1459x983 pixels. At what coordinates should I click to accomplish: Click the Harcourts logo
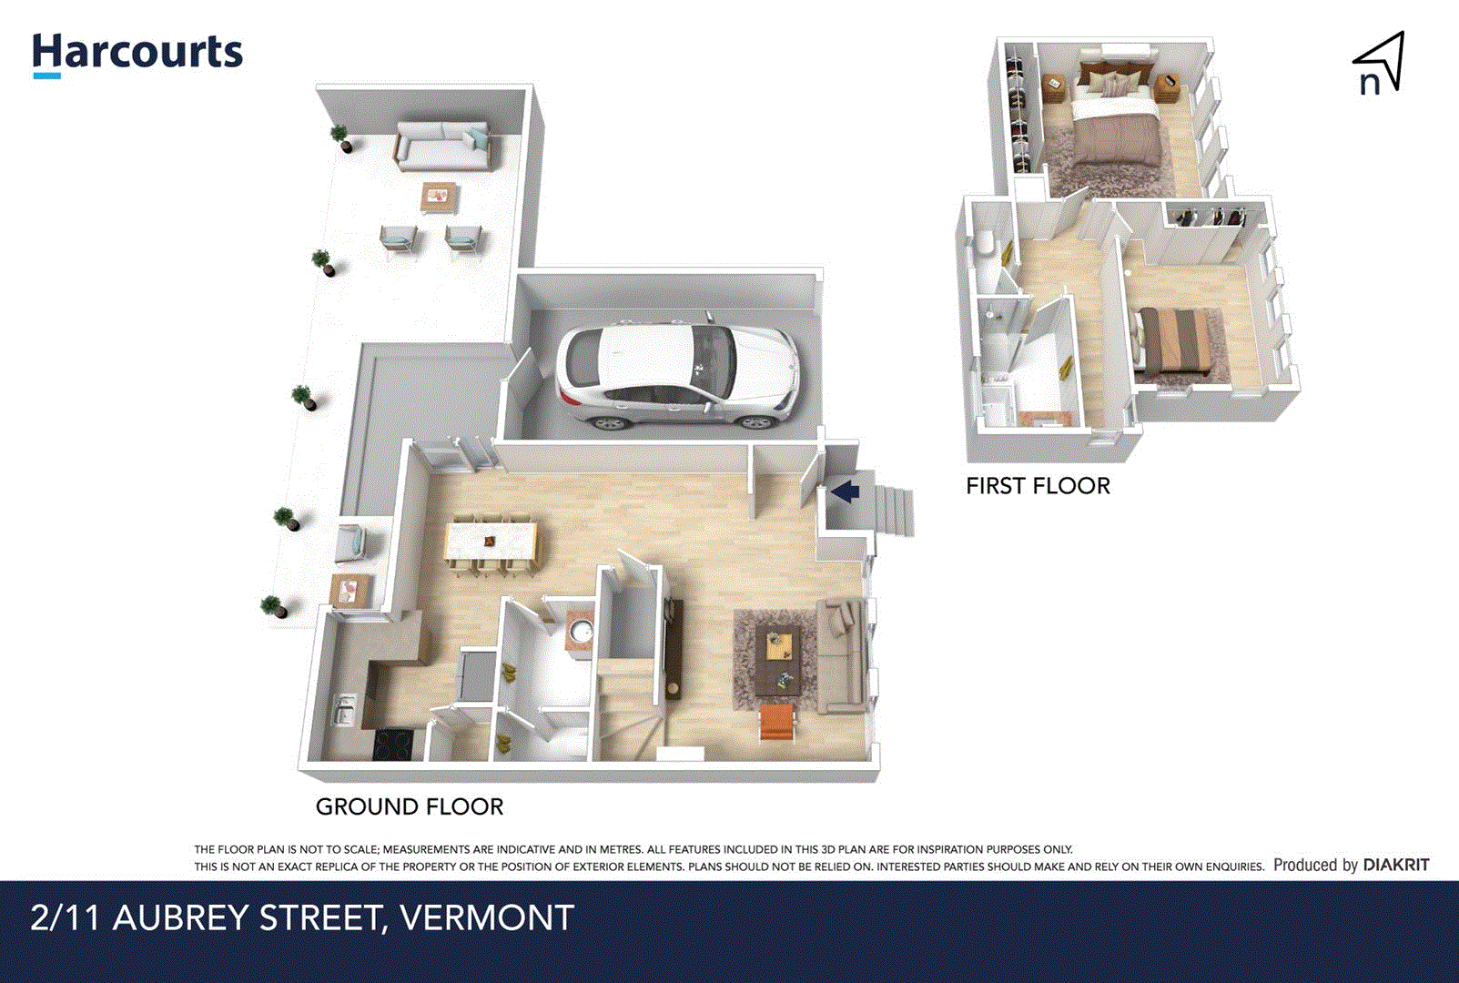coord(137,55)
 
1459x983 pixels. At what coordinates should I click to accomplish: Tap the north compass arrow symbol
coord(1380,64)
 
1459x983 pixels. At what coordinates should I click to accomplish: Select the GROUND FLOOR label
coord(409,806)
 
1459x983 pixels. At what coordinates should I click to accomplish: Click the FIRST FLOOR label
coord(1038,486)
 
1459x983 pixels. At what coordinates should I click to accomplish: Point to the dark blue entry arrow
coord(846,492)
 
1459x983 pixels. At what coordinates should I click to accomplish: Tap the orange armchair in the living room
coord(778,723)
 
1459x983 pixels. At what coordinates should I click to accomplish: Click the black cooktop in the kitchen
coord(393,745)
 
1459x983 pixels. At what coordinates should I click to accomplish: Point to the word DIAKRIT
coord(1395,865)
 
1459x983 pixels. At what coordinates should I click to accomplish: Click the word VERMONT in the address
coord(487,917)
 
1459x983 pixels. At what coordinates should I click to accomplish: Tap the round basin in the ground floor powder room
coord(580,631)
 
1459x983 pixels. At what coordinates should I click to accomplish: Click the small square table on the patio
coord(439,196)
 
